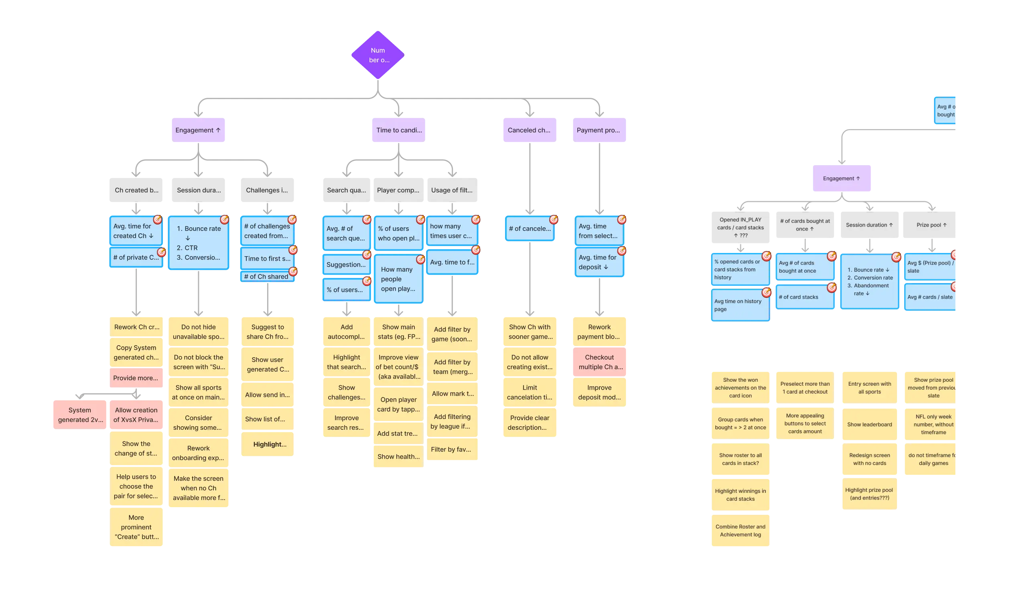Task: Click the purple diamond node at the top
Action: (377, 55)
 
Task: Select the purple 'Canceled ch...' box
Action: (529, 130)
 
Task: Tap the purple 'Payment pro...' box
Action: (599, 130)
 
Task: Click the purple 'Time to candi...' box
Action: (398, 130)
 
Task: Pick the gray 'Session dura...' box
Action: (199, 190)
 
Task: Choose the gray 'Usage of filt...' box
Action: (452, 190)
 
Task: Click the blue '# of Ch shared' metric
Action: (266, 277)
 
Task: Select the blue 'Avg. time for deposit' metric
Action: (599, 262)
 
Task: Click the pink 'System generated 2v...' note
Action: (80, 415)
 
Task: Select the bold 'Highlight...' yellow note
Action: (268, 445)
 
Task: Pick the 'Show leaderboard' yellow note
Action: (869, 425)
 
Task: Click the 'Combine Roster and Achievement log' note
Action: (740, 530)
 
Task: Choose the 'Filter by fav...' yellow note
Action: (452, 449)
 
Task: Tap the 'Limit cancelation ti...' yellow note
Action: (530, 392)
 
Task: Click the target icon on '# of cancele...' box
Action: (553, 220)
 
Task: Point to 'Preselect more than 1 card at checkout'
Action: (805, 388)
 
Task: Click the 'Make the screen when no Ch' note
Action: (199, 488)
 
